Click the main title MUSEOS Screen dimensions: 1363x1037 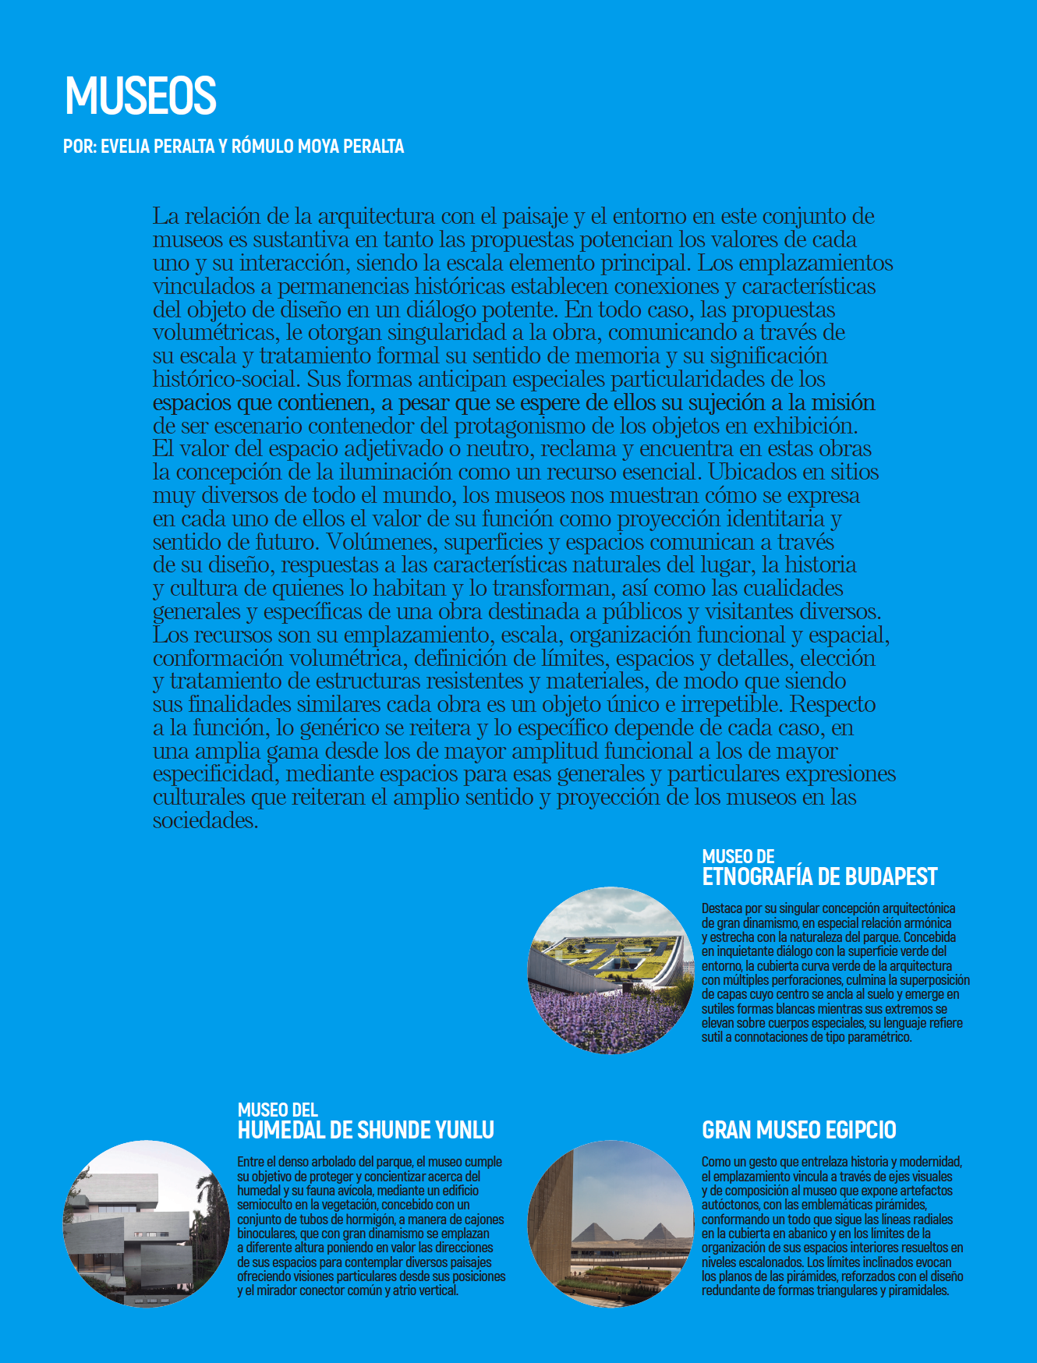tap(140, 96)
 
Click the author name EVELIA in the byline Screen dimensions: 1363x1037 tap(126, 147)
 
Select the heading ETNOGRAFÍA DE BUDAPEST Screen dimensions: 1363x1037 tap(819, 877)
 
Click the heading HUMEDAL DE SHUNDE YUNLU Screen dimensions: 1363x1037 tap(366, 1131)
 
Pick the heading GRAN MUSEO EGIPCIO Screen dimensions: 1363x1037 tap(799, 1131)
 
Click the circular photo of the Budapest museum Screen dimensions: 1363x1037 tap(611, 970)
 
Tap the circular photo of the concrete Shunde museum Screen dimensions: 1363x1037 tap(146, 1223)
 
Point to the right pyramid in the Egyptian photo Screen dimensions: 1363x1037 tap(660, 1232)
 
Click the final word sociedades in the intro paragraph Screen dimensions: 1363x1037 tap(205, 821)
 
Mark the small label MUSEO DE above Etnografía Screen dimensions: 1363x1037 tap(738, 857)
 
